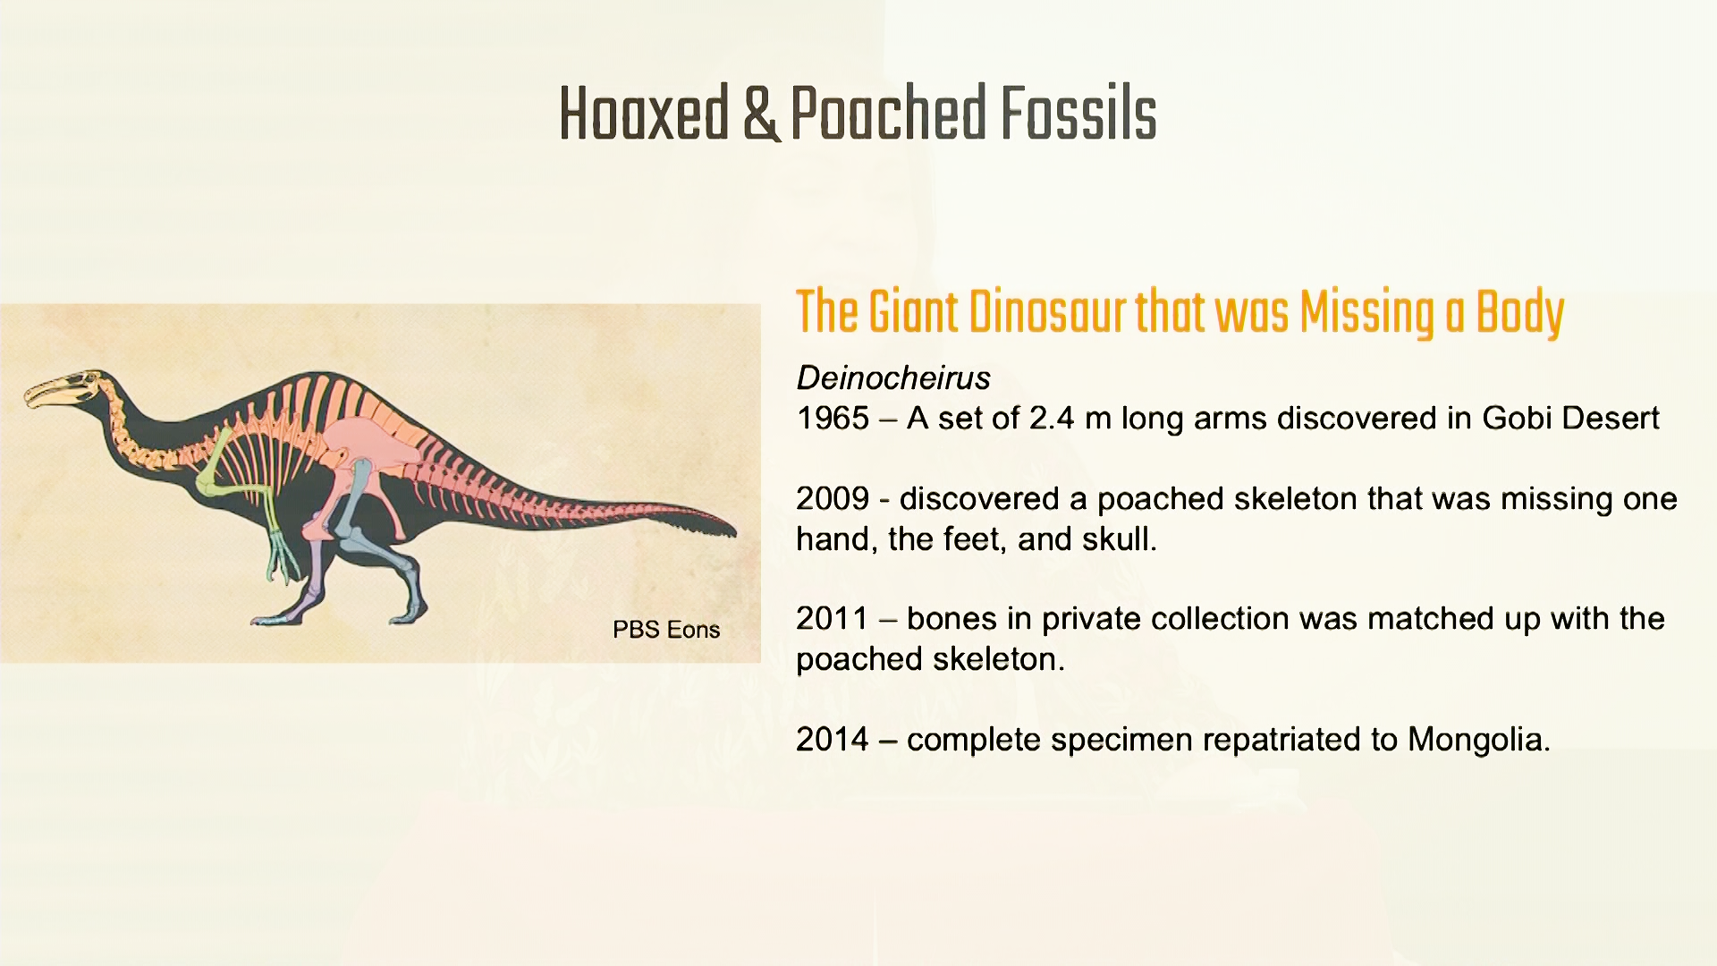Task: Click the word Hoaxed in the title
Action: coord(644,114)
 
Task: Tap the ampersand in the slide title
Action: coord(760,114)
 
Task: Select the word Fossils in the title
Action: coord(1078,114)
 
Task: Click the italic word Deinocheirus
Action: coord(893,378)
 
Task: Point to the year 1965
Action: coord(833,419)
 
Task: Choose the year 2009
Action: coord(833,499)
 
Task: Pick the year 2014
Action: coord(833,740)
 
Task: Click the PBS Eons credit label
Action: coord(666,630)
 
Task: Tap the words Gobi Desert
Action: coord(1571,419)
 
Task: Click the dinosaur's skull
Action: coord(63,389)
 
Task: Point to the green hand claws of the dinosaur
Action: coord(283,558)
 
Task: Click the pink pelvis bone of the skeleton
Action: coord(367,444)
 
